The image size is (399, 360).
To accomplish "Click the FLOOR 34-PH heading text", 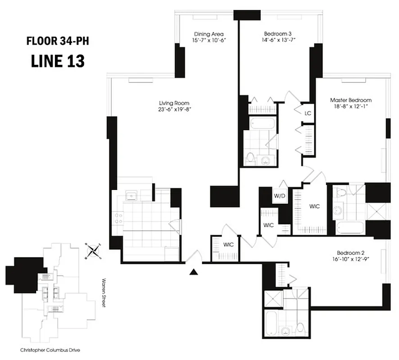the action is click(x=60, y=43).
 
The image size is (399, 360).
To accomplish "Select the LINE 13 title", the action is click(x=58, y=61).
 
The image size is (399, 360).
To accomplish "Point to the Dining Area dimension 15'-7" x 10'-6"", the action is click(x=209, y=40).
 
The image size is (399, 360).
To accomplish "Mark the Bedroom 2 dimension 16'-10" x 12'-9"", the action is click(x=351, y=260).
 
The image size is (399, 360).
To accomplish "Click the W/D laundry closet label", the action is click(x=279, y=196).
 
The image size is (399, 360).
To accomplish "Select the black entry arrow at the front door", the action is click(x=193, y=271).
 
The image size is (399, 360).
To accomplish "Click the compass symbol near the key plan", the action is click(x=93, y=250).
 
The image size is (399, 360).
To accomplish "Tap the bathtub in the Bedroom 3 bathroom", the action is click(x=261, y=122).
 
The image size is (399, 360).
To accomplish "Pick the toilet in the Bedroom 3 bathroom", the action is click(x=250, y=158).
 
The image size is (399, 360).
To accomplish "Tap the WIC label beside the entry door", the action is click(x=229, y=245).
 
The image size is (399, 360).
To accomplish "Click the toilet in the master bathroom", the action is click(x=341, y=193).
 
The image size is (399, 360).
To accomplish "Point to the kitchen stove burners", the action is click(x=119, y=218).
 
